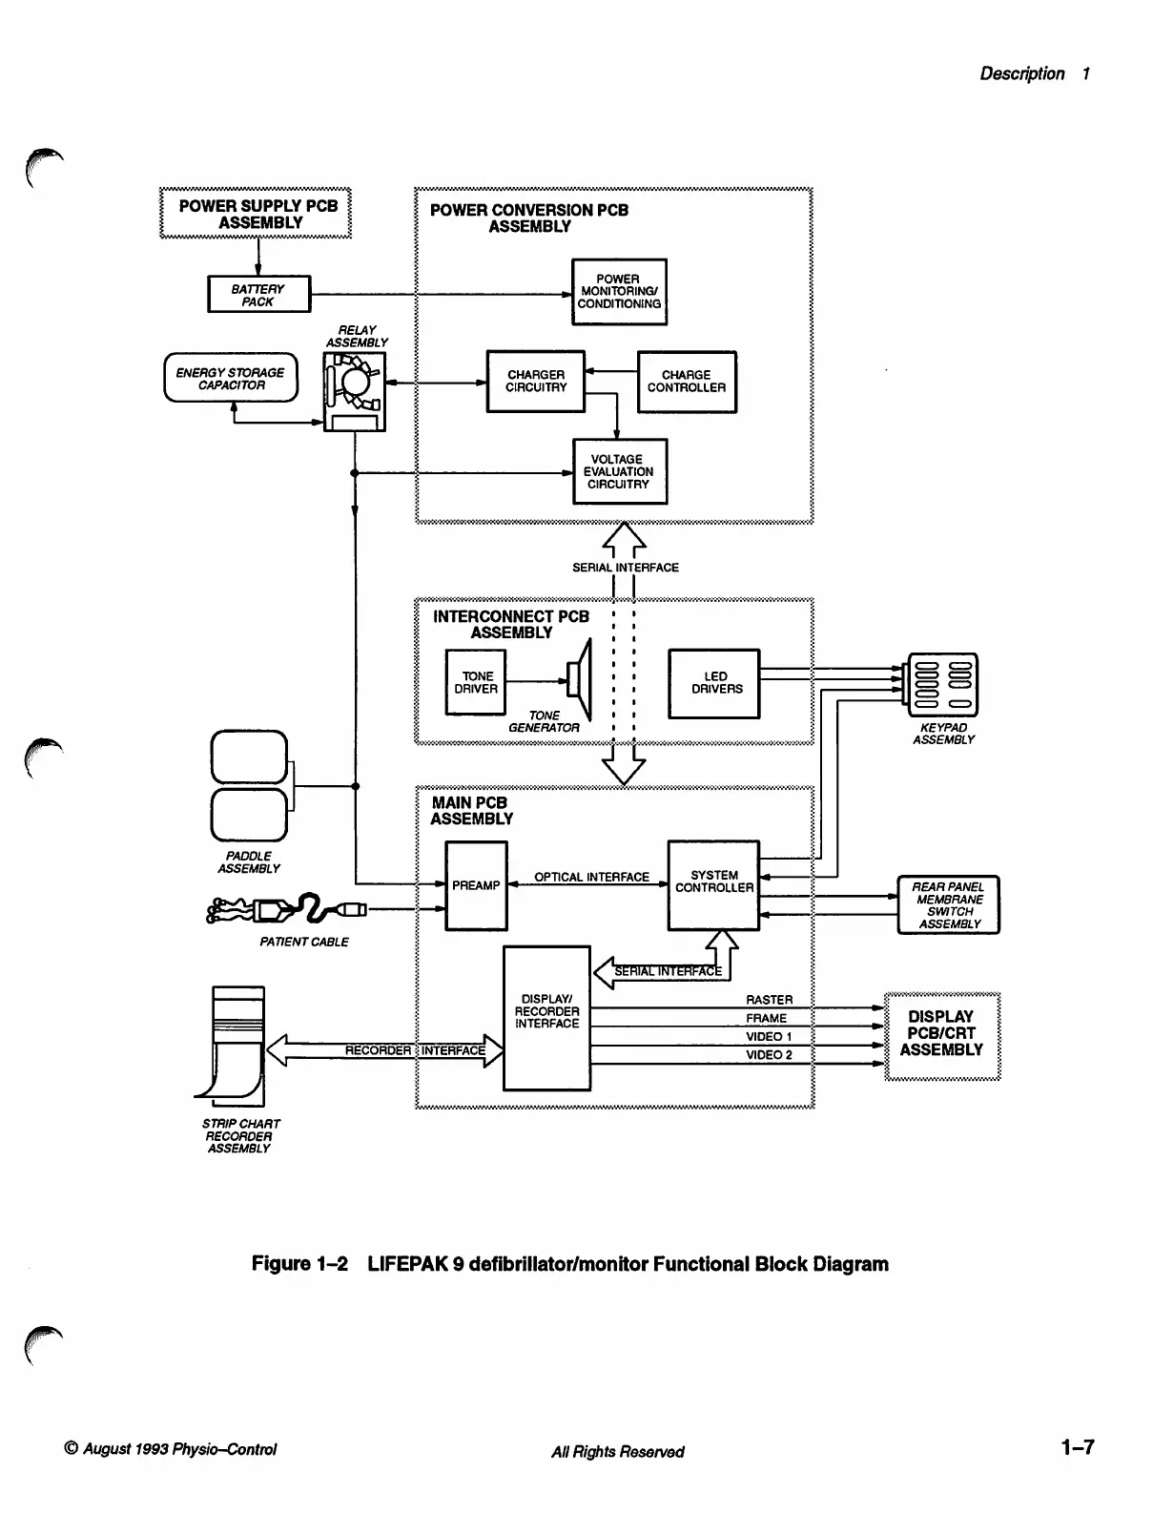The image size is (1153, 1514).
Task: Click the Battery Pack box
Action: pyautogui.click(x=259, y=295)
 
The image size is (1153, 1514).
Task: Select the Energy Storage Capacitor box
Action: pyautogui.click(x=231, y=377)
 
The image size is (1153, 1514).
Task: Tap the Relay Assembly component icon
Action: pyautogui.click(x=354, y=392)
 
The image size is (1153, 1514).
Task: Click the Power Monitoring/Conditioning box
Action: pyautogui.click(x=619, y=292)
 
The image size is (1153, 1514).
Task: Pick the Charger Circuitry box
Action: pyautogui.click(x=536, y=382)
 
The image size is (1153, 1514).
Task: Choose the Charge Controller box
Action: pyautogui.click(x=687, y=383)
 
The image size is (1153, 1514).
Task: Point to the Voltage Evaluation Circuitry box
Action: pyautogui.click(x=620, y=472)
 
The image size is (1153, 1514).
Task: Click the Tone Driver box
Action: pyautogui.click(x=476, y=682)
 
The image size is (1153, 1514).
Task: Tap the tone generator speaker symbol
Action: pyautogui.click(x=580, y=679)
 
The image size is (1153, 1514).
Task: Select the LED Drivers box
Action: pyautogui.click(x=714, y=683)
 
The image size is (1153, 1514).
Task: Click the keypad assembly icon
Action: pyautogui.click(x=942, y=685)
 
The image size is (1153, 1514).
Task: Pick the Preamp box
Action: pyautogui.click(x=476, y=885)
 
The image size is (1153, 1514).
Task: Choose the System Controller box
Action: pyautogui.click(x=713, y=885)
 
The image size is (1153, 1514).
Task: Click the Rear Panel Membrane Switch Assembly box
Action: pyautogui.click(x=948, y=905)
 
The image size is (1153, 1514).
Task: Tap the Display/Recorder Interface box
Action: pyautogui.click(x=546, y=1018)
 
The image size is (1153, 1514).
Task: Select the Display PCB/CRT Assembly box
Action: pyautogui.click(x=942, y=1036)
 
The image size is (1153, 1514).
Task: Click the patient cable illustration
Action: pyautogui.click(x=287, y=909)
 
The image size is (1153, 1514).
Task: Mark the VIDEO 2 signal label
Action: pyautogui.click(x=769, y=1054)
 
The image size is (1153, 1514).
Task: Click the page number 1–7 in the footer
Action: pyautogui.click(x=1078, y=1447)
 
